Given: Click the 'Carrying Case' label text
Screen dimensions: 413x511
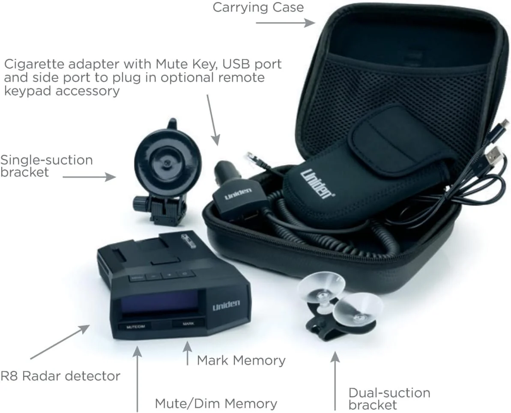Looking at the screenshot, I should click(258, 7).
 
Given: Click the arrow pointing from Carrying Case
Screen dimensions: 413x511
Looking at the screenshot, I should click(285, 23).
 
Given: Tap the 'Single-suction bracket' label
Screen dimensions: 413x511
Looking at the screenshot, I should click(46, 166).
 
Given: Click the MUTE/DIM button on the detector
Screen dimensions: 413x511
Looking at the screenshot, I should click(136, 327).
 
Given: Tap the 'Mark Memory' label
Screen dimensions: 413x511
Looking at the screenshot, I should click(241, 360).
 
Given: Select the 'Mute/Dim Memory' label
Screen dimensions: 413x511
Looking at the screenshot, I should click(216, 404).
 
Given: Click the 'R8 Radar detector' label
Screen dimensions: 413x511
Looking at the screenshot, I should click(60, 376).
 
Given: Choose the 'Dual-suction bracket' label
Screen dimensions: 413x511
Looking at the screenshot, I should click(389, 398).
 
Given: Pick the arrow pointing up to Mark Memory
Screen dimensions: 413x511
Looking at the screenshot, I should click(187, 353).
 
